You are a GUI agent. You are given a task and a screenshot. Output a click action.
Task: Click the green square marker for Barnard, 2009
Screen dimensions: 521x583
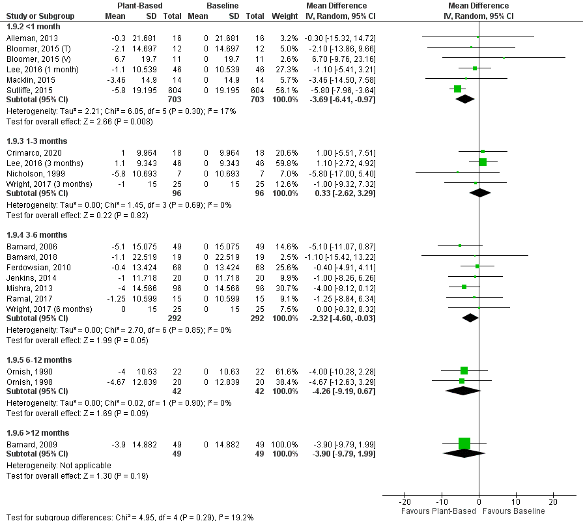point(464,444)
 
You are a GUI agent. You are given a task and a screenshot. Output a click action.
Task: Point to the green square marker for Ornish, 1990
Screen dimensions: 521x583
point(464,371)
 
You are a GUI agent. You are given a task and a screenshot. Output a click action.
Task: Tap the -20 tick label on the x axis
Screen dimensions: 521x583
point(404,502)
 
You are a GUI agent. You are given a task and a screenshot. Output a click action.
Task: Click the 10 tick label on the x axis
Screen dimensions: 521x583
point(516,502)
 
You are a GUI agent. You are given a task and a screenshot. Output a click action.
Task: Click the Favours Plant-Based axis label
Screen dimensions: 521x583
point(438,511)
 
